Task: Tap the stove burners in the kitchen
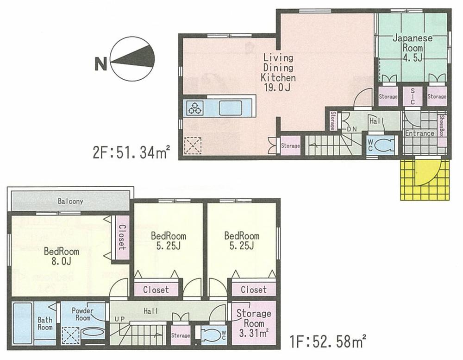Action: [195, 108]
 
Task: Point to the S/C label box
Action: [412, 96]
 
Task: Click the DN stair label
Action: [352, 128]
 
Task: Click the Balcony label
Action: [70, 202]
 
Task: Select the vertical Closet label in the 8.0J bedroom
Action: [122, 237]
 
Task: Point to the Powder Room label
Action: [82, 315]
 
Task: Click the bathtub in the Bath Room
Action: [23, 323]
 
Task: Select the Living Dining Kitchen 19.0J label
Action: [278, 73]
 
